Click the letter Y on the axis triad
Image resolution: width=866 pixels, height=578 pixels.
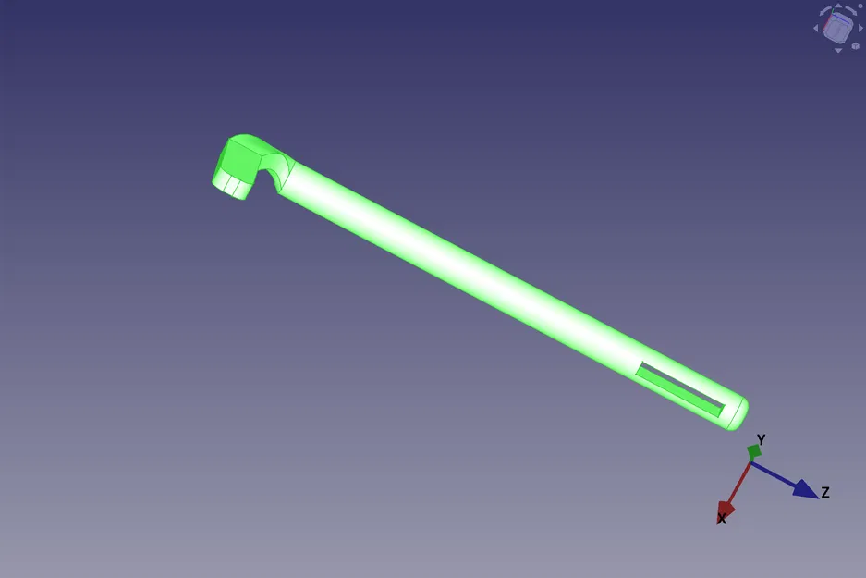coord(761,439)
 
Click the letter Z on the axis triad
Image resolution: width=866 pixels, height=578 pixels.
coord(824,492)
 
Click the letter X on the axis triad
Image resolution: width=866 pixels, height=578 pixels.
coord(722,519)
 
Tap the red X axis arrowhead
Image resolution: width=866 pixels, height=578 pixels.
coord(726,508)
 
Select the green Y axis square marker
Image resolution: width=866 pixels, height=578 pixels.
coord(754,451)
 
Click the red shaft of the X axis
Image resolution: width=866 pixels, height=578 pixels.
coord(740,480)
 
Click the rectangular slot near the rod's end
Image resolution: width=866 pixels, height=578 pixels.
coord(680,388)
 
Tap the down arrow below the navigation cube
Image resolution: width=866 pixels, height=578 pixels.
coord(838,50)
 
